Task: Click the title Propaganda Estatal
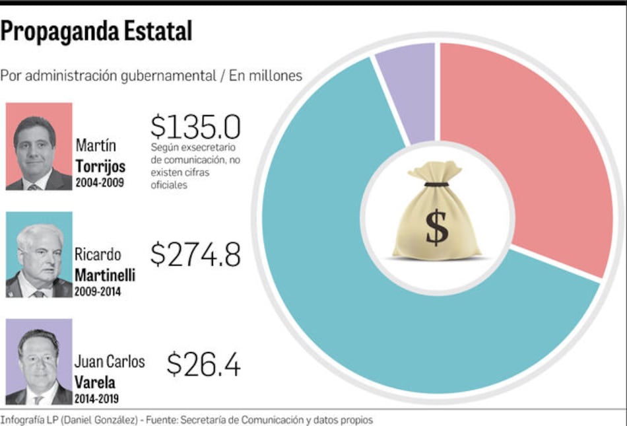[x=96, y=31]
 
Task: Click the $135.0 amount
[x=195, y=127]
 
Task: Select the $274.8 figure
[x=195, y=254]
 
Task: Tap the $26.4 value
[x=203, y=364]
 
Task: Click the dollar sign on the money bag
[x=436, y=227]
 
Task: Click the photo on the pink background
[x=39, y=146]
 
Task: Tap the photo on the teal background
[x=39, y=255]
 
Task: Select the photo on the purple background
[x=39, y=362]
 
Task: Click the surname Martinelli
[x=104, y=274]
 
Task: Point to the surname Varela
[x=95, y=382]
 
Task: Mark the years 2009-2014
[x=98, y=291]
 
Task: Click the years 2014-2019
[x=97, y=399]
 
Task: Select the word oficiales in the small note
[x=169, y=186]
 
